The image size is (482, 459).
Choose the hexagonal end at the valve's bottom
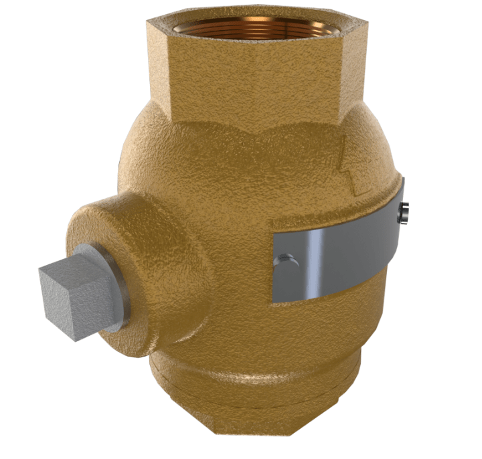point(268,428)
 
